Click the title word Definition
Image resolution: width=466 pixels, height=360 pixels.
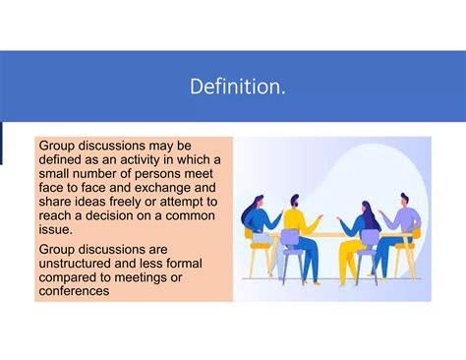(x=239, y=87)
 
